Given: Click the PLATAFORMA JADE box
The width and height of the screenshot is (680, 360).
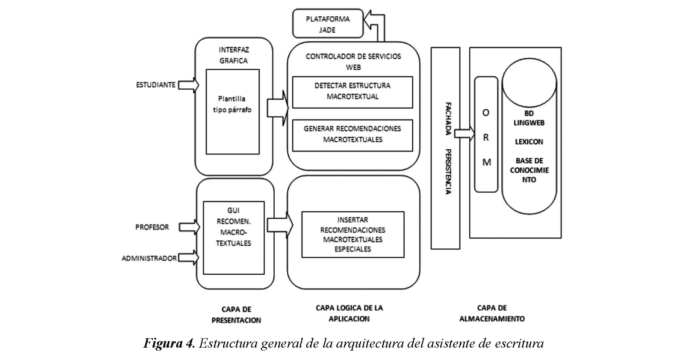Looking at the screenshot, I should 328,24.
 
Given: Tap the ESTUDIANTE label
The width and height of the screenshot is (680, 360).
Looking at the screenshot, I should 155,85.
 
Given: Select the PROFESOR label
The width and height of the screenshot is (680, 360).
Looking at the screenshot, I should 152,227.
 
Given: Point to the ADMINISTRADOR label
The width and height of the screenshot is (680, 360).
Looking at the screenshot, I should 149,258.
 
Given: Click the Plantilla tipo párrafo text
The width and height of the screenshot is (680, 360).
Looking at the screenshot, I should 232,104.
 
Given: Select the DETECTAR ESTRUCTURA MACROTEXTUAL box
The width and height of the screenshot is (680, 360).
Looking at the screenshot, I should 352,92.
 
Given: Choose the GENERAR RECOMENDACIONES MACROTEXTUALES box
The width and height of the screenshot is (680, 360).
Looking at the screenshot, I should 352,134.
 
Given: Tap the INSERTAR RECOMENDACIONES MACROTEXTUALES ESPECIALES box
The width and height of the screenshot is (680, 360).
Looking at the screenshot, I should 353,234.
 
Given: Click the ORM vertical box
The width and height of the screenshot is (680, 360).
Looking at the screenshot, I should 486,134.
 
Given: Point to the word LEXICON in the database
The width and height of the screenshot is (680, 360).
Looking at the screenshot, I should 529,142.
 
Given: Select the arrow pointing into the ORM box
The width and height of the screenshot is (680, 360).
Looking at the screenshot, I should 465,134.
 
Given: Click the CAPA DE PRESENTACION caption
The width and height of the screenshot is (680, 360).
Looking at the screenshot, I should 236,315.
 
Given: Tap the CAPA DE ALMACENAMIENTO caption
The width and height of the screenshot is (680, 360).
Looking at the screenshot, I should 492,314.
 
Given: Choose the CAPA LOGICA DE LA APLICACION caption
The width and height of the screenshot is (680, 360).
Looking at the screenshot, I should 349,314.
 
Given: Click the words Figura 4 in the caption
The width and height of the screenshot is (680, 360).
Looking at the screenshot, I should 169,343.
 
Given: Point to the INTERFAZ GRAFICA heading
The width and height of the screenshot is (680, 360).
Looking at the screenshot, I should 234,55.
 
